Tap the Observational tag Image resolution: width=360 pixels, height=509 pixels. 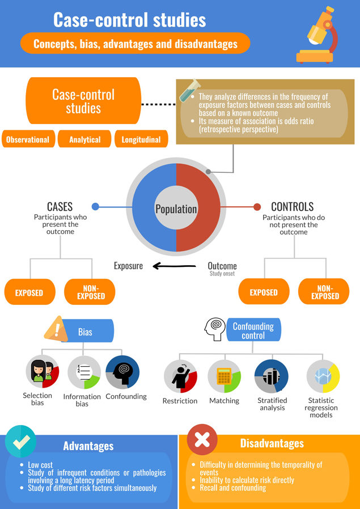click(28, 139)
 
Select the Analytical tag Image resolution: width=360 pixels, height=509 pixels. click(84, 139)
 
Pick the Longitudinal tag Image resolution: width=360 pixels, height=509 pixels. click(141, 139)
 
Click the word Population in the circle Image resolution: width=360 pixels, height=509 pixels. click(176, 209)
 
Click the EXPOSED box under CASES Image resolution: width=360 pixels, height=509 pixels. click(29, 292)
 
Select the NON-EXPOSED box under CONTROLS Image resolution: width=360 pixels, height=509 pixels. click(325, 292)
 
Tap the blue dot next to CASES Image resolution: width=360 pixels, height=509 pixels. click(95, 207)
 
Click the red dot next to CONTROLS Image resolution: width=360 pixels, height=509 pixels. click(257, 207)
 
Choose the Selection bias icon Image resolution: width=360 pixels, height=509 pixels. click(42, 372)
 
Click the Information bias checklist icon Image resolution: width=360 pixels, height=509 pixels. click(84, 372)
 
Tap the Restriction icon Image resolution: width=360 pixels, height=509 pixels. click(180, 377)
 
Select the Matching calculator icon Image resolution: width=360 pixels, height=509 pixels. click(225, 377)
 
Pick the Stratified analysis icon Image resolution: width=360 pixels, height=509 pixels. click(272, 377)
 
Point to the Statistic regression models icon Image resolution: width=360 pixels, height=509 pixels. click(323, 377)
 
